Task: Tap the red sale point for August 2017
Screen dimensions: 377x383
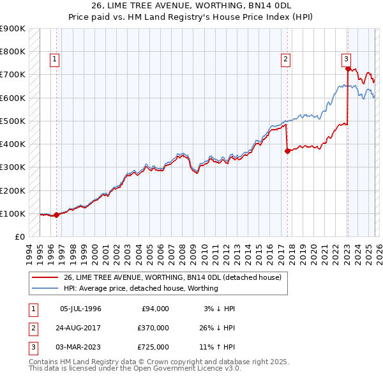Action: coord(287,151)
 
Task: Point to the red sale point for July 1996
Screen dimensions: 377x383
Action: coord(57,215)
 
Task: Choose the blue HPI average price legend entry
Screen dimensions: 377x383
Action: coord(140,288)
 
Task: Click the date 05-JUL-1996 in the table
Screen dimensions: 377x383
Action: coord(80,309)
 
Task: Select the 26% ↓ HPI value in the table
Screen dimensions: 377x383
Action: coord(217,328)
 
